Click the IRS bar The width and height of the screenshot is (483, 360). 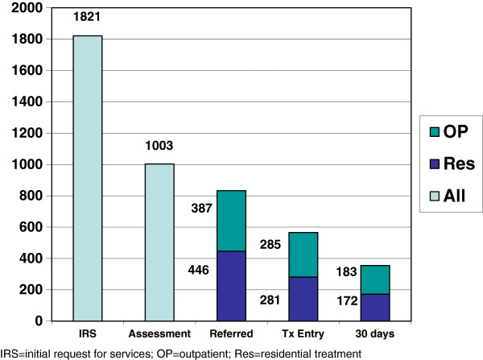[x=88, y=178]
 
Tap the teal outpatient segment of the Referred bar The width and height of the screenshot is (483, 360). [x=231, y=221]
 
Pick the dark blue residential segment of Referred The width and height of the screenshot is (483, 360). [x=231, y=286]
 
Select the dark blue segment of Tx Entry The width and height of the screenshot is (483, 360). [x=303, y=299]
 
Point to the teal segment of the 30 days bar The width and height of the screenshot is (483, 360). [x=374, y=279]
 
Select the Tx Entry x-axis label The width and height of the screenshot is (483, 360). [x=303, y=333]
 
